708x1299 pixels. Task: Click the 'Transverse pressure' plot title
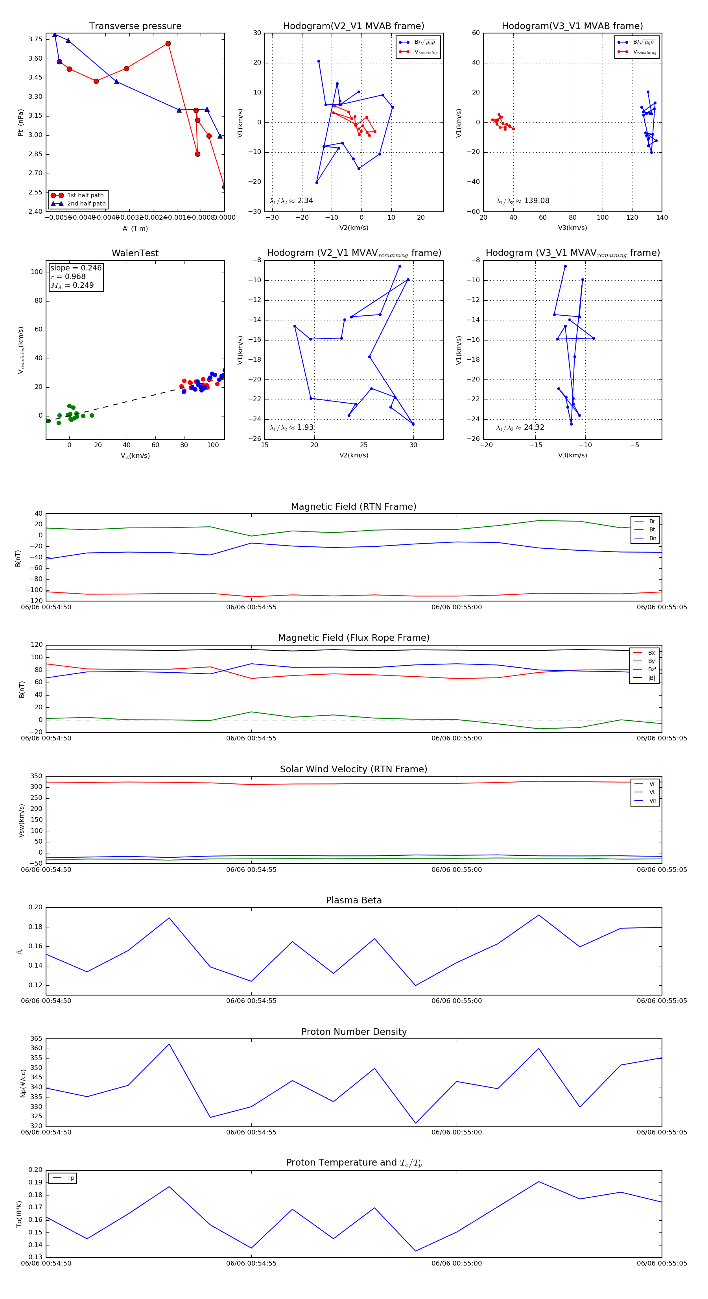(x=135, y=26)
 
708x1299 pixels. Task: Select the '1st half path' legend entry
(x=85, y=195)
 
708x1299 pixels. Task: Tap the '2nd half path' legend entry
(x=86, y=204)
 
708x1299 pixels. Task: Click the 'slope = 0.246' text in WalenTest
(x=76, y=268)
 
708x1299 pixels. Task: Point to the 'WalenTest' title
(x=135, y=253)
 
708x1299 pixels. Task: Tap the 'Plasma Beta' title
(x=354, y=900)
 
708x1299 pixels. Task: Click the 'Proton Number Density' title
(x=354, y=1032)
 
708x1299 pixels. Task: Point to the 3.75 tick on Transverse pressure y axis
(x=35, y=39)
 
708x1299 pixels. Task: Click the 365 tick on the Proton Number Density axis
(x=36, y=1039)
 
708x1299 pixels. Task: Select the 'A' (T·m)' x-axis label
(x=135, y=228)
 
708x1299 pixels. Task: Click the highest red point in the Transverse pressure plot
(x=168, y=44)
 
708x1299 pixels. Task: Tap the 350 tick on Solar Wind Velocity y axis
(x=36, y=776)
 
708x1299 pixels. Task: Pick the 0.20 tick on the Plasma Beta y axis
(x=35, y=907)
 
